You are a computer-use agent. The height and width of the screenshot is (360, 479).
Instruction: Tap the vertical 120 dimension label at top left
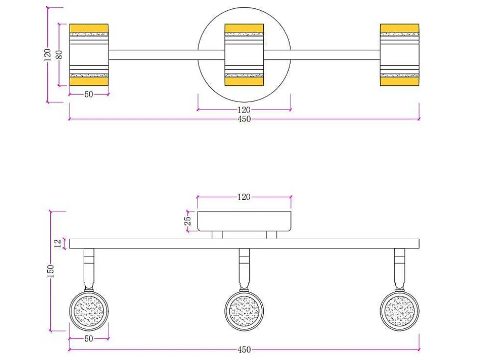(x=48, y=55)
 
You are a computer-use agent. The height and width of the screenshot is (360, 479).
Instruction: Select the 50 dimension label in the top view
(x=89, y=94)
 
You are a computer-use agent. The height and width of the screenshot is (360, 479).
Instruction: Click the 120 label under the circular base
(x=244, y=110)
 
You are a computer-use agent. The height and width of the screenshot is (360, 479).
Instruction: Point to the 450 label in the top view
(x=244, y=119)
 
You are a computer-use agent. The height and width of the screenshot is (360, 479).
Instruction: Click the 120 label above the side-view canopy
(x=244, y=197)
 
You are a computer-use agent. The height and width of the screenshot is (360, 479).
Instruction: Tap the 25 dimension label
(x=188, y=221)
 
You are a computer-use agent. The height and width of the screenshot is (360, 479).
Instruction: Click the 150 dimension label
(x=51, y=271)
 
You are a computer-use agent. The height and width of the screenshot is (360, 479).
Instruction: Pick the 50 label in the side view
(x=89, y=339)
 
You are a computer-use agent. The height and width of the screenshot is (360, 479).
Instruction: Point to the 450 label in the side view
(x=244, y=349)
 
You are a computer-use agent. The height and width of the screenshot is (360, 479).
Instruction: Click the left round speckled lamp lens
(x=89, y=311)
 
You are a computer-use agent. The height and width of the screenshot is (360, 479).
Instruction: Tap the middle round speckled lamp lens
(x=244, y=311)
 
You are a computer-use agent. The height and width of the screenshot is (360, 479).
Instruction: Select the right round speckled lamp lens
(x=400, y=311)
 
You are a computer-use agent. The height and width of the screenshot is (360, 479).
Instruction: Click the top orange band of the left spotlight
(x=89, y=28)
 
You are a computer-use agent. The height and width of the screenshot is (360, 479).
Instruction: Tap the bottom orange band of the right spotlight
(x=400, y=81)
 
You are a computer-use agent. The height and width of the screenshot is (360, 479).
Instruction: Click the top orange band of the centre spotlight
(x=244, y=28)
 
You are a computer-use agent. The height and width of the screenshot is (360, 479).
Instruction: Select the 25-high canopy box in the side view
(x=244, y=221)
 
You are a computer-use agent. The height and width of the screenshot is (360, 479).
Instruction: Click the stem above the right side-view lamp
(x=400, y=268)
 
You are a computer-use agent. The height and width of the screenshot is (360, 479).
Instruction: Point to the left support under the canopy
(x=217, y=235)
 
